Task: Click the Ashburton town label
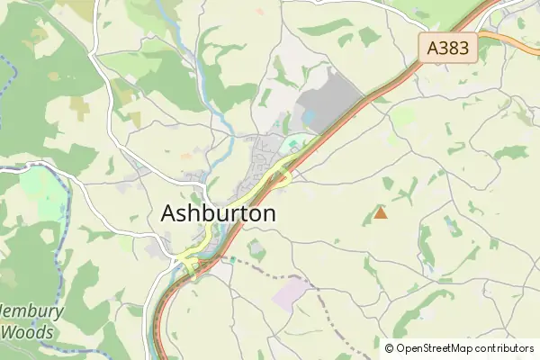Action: (x=218, y=213)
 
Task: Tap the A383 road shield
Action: (x=448, y=48)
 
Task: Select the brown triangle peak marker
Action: (x=381, y=213)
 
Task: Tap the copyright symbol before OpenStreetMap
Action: (x=390, y=348)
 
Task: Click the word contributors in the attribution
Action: (x=504, y=348)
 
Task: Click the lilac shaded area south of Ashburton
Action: (x=290, y=295)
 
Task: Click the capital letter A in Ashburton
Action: (x=170, y=213)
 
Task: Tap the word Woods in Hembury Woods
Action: (x=27, y=332)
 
